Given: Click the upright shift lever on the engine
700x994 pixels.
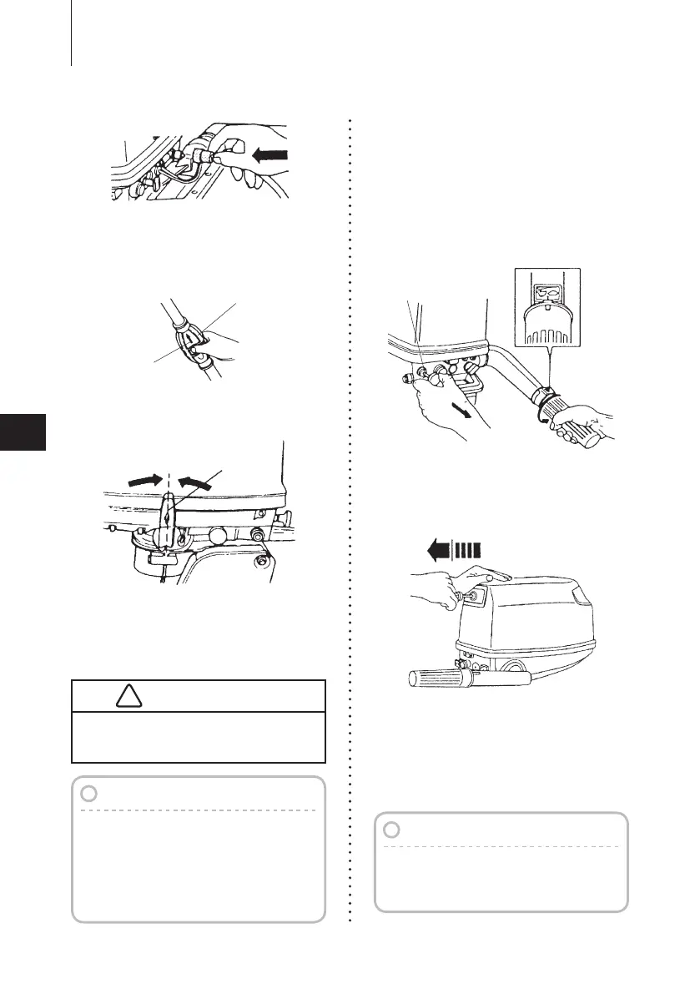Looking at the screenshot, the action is click(169, 517).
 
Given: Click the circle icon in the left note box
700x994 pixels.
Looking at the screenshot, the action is click(92, 794).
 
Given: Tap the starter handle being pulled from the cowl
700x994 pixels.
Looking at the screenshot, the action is click(459, 595).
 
